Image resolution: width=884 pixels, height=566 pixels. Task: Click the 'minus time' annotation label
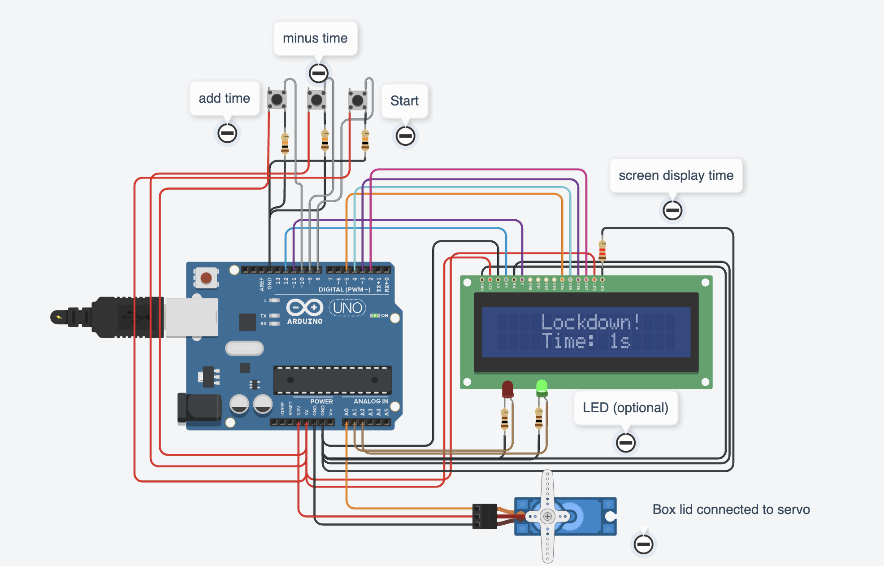[x=315, y=39]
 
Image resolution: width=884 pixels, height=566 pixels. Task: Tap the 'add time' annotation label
[x=224, y=98]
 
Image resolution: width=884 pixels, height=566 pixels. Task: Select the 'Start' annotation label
[x=404, y=101]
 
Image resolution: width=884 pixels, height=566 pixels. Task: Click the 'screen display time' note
[x=676, y=175]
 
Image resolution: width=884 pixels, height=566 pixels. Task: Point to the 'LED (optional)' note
[x=625, y=408]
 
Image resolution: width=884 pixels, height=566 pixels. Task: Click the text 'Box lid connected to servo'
[x=731, y=509]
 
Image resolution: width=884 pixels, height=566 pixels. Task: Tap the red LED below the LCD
[x=507, y=389]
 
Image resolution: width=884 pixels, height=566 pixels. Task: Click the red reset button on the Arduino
[x=206, y=278]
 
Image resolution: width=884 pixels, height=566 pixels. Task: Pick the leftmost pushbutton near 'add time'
[x=277, y=99]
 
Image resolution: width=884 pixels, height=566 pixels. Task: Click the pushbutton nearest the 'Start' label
[x=358, y=100]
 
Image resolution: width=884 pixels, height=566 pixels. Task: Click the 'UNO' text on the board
[x=347, y=308]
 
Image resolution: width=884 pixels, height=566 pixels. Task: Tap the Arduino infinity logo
[x=305, y=308]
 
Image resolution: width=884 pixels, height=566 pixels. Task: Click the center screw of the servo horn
[x=547, y=517]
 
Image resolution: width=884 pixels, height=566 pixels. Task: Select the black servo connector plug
[x=485, y=516]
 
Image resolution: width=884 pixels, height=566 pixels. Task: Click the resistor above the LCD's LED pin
[x=602, y=251]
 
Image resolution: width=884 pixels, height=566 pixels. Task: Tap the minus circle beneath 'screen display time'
[x=672, y=210]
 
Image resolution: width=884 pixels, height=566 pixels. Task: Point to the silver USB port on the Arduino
[x=191, y=318]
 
